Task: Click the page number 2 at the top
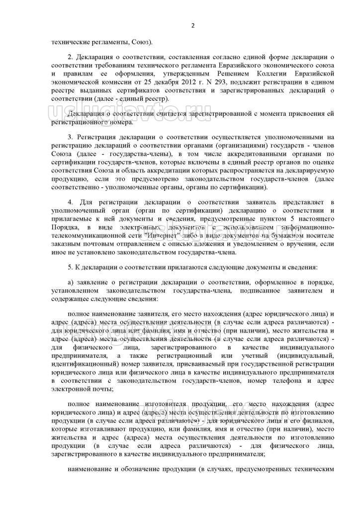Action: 192,26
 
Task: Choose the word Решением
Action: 230,74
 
